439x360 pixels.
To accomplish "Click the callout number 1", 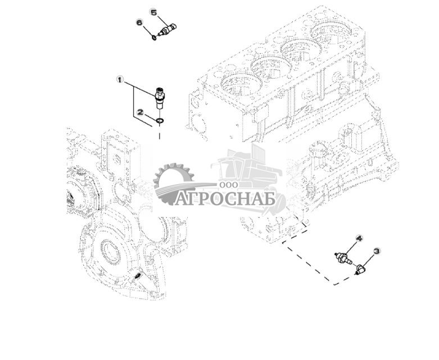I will tap(119, 79).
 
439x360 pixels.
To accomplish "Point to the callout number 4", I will tap(358, 239).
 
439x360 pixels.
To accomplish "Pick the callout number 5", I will tap(153, 12).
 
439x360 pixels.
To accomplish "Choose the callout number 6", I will tap(139, 22).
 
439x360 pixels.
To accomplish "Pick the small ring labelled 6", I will tap(153, 38).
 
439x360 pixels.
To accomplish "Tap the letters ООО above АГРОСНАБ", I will tap(230, 185).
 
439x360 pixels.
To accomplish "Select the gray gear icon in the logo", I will tap(172, 183).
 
